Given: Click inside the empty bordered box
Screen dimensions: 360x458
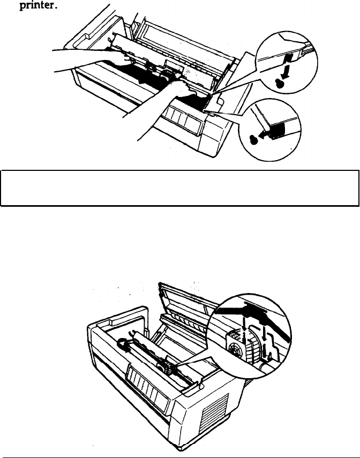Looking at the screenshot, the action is (x=179, y=187).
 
